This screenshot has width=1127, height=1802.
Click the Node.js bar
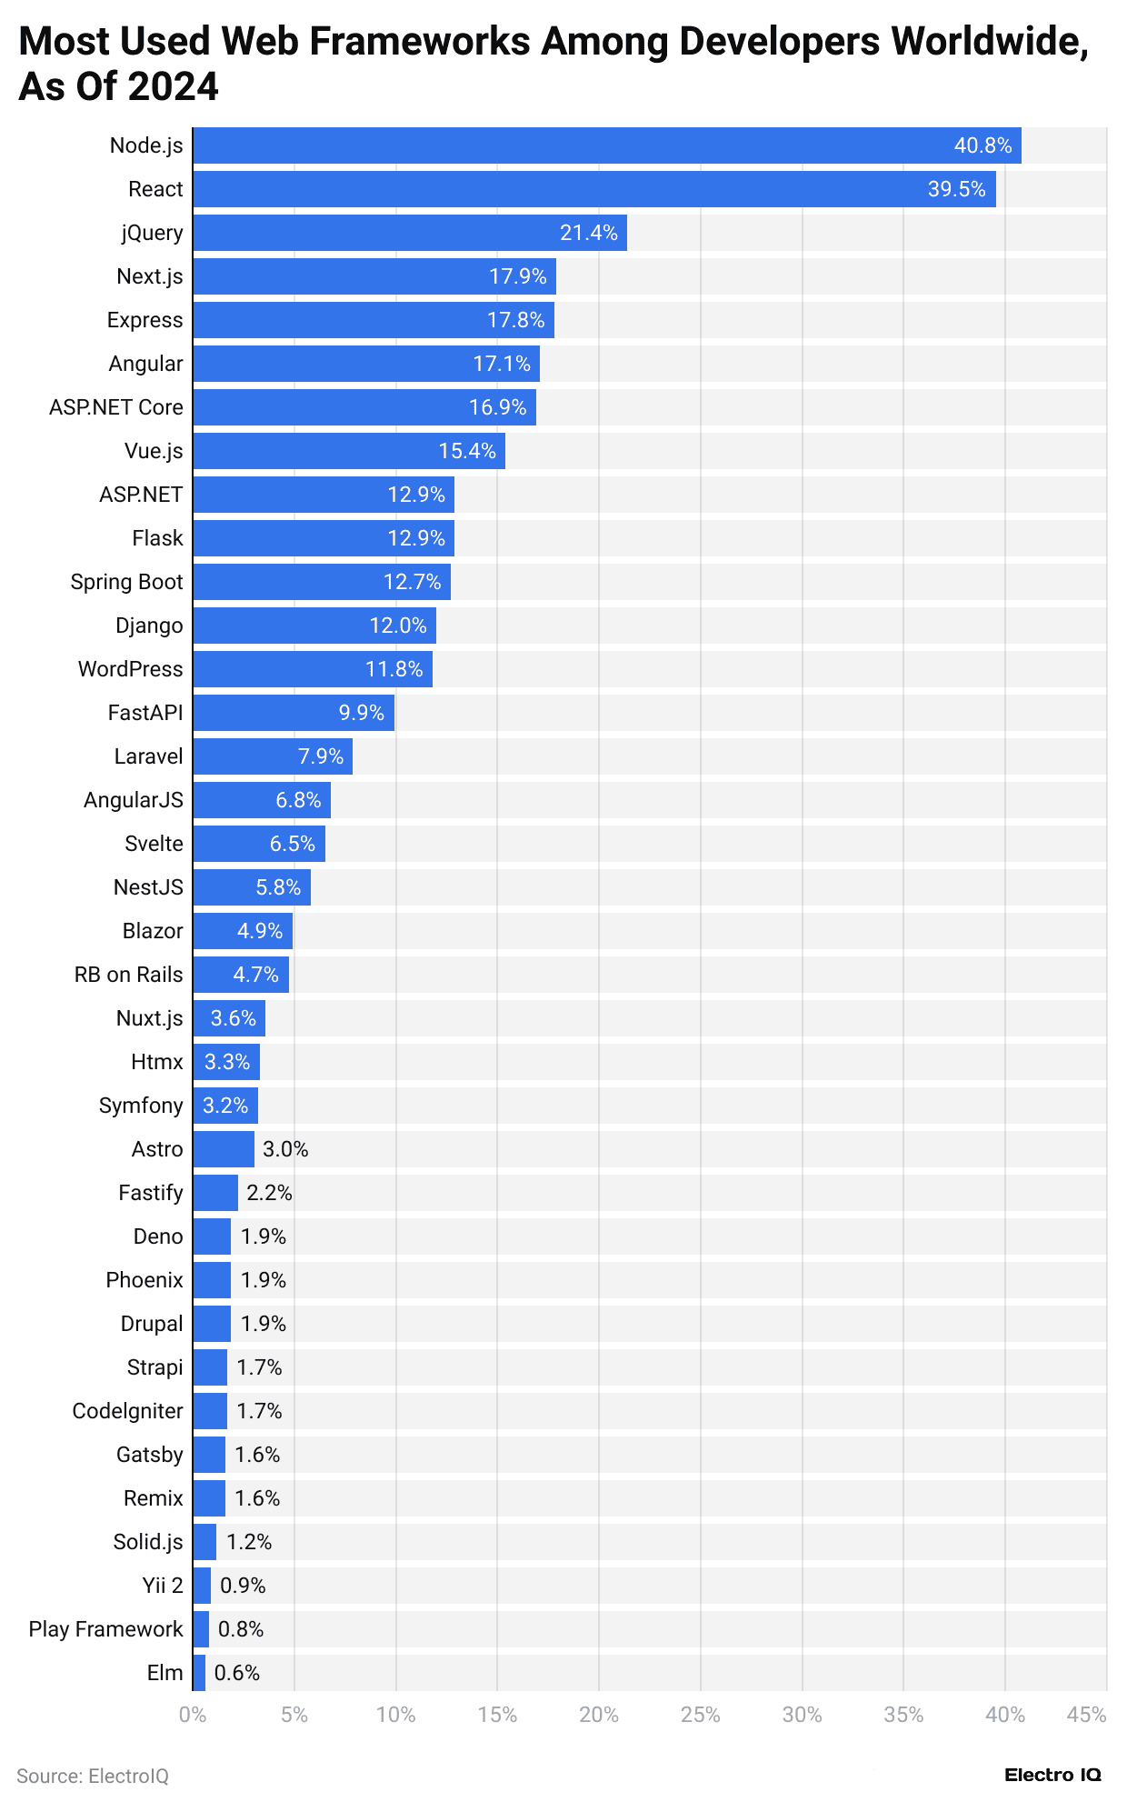point(606,145)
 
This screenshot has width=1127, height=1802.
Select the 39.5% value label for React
point(956,189)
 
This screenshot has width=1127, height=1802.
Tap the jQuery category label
point(152,233)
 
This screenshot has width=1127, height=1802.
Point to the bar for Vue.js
point(348,451)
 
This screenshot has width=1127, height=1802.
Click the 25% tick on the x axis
point(700,1716)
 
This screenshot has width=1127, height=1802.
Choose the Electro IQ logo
point(1052,1774)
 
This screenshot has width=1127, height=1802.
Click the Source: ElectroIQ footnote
point(93,1776)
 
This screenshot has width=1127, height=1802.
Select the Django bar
point(314,626)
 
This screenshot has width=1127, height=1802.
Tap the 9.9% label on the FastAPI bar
point(362,713)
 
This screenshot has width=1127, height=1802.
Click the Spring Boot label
point(126,582)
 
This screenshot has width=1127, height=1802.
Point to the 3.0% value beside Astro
point(285,1149)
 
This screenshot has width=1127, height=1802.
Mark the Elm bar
point(199,1673)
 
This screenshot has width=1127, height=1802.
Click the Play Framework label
point(105,1629)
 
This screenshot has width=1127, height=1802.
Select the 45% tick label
point(1086,1716)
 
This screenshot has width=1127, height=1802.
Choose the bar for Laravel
point(272,756)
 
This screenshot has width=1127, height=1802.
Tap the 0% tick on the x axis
point(193,1716)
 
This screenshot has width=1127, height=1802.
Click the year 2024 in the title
point(174,87)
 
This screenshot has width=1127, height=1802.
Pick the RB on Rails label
point(128,975)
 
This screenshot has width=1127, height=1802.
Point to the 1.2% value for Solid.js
point(249,1542)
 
